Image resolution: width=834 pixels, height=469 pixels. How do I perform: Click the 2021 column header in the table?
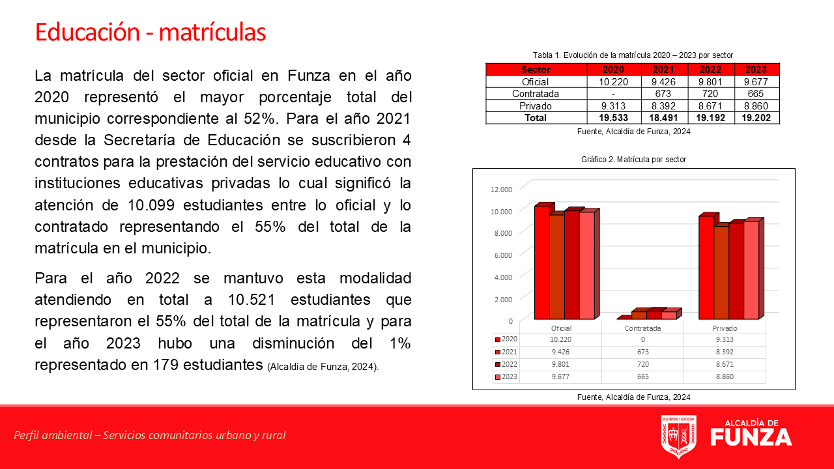[x=663, y=70]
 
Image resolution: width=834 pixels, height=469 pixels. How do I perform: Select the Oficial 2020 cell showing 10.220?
[x=614, y=82]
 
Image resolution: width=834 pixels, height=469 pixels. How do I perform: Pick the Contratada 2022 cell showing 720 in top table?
[x=710, y=93]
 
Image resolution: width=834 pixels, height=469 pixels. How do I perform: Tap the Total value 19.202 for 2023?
[x=756, y=118]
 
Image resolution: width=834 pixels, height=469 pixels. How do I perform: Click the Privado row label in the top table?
[x=536, y=106]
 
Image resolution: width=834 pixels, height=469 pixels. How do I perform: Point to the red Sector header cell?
[x=536, y=70]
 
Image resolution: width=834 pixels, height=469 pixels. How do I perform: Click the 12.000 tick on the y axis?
[x=501, y=190]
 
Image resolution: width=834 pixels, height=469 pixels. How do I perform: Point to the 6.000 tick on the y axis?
[x=503, y=255]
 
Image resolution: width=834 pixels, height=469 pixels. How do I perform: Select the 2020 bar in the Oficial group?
[x=542, y=262]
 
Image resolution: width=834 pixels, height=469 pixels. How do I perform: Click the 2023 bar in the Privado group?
[x=752, y=270]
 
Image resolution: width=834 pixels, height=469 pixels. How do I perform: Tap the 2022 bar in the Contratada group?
[x=654, y=314]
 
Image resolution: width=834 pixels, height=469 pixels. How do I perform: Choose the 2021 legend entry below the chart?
[x=506, y=352]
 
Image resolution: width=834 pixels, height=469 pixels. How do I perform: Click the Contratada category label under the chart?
[x=642, y=328]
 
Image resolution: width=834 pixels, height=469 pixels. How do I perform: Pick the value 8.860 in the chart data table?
[x=725, y=377]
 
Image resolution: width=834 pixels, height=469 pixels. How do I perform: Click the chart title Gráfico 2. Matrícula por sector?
[x=634, y=160]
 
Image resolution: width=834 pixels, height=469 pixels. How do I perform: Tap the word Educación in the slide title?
[x=87, y=32]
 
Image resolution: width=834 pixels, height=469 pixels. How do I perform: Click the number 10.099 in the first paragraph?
[x=151, y=205]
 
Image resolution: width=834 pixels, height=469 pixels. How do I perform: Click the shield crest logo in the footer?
[x=679, y=436]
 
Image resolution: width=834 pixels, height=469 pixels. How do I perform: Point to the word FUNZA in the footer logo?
[x=751, y=437]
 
